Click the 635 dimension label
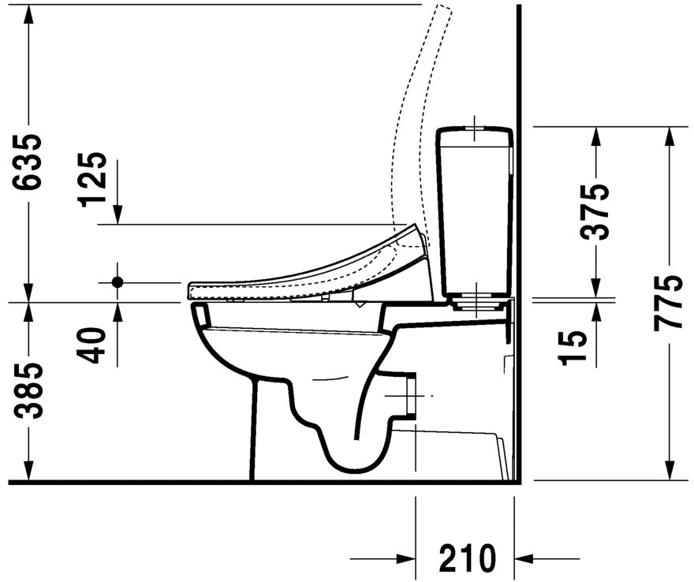[x=29, y=162]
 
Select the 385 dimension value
[x=29, y=392]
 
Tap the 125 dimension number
[x=95, y=178]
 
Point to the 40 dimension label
[x=95, y=345]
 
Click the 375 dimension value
[x=596, y=211]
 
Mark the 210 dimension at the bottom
[x=468, y=558]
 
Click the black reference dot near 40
[x=118, y=282]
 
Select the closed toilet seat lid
[x=308, y=272]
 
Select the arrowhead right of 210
[x=524, y=558]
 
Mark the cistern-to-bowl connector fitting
[x=474, y=300]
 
